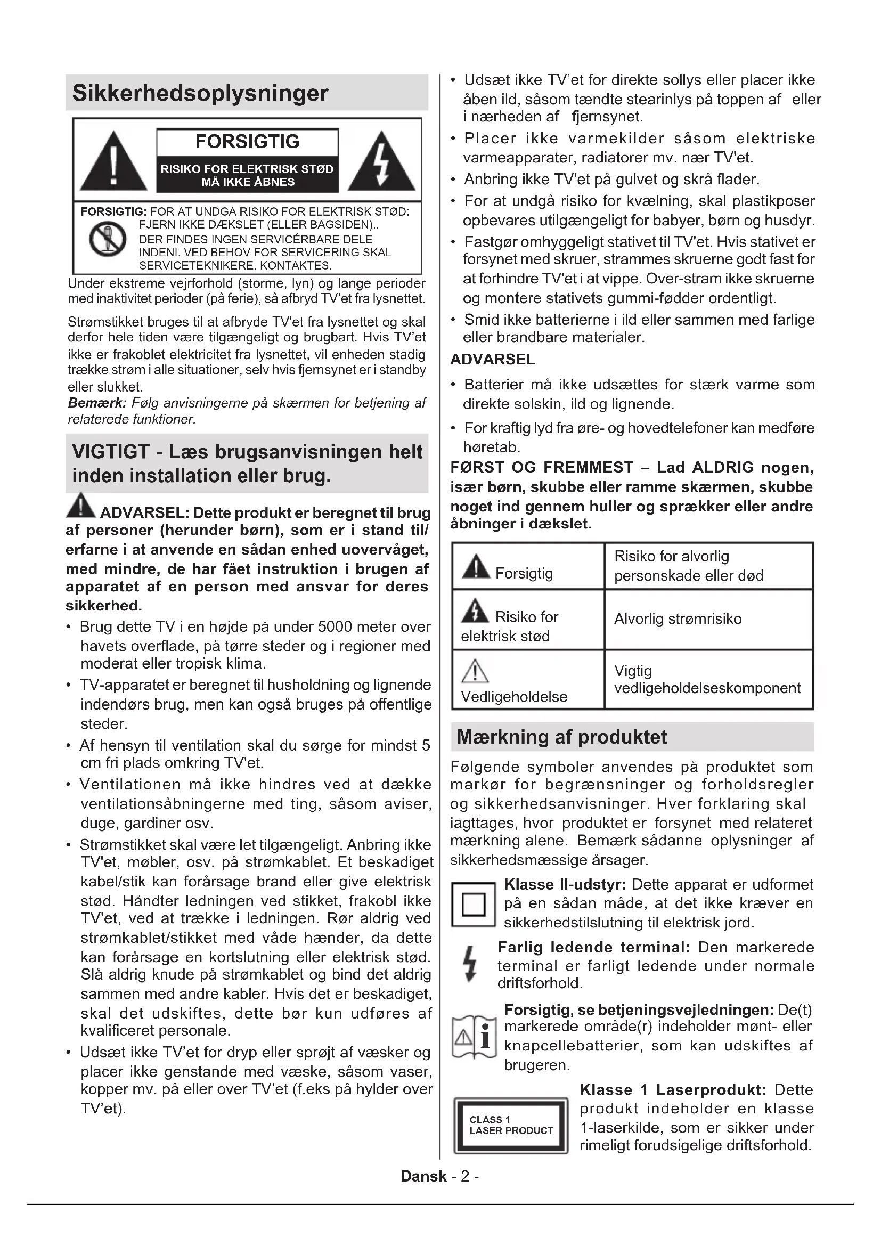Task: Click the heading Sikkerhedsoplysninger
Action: click(x=200, y=93)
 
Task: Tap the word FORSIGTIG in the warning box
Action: click(x=247, y=142)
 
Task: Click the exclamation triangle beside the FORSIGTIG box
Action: click(x=113, y=162)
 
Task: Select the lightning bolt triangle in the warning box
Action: click(x=381, y=162)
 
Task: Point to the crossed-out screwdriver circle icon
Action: click(x=108, y=239)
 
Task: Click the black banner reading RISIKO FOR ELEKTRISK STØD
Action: click(x=247, y=175)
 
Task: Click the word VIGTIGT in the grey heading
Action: click(x=111, y=452)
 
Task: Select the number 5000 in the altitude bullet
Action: click(x=336, y=627)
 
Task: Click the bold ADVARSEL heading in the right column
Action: click(x=493, y=359)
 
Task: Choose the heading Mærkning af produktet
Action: click(x=561, y=737)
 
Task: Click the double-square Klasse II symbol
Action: click(x=473, y=905)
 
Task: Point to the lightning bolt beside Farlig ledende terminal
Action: click(x=470, y=964)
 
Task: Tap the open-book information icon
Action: click(x=474, y=1037)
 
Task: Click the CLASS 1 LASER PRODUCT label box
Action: click(x=510, y=1126)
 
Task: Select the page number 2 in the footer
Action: click(x=465, y=1177)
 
